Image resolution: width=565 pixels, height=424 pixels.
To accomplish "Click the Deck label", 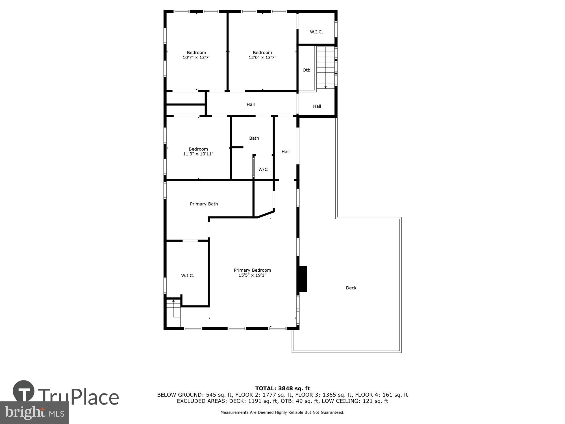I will point(351,288).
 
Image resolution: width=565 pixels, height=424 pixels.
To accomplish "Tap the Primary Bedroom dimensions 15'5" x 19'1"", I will point(252,275).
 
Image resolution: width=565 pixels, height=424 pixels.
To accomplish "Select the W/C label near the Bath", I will point(263,169).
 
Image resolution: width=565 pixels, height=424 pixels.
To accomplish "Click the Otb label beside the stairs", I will point(306,70).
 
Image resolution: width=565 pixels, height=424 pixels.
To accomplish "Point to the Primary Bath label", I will point(204,204).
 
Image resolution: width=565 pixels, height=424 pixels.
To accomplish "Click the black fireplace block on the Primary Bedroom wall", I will point(303,279).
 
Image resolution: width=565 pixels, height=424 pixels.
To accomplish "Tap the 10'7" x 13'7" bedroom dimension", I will point(196,57).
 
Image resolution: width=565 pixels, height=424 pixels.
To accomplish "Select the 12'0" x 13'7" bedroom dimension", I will point(262,57).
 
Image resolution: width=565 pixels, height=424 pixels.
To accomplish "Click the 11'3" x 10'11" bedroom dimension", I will point(198,154).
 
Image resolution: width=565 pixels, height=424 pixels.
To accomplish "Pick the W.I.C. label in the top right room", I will point(316,32).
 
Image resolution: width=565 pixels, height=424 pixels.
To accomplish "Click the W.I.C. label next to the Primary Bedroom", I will point(188,276).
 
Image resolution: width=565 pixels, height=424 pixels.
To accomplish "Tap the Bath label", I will point(254,138).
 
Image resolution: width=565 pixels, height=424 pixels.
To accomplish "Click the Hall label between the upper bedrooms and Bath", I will point(251,104).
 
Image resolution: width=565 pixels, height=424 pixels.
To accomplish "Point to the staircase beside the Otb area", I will point(325,68).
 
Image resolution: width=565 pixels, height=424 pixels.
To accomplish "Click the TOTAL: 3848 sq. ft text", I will point(282,388).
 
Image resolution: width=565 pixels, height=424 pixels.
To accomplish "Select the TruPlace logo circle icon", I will point(24,391).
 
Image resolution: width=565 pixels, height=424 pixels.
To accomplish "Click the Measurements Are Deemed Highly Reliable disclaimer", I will point(282,412).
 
